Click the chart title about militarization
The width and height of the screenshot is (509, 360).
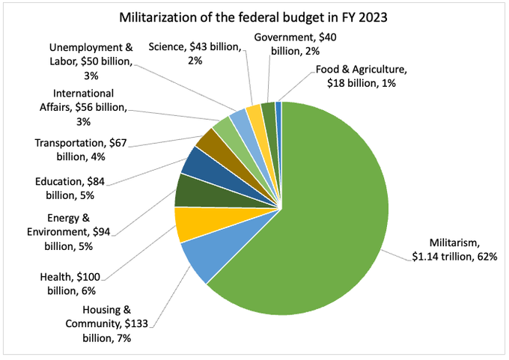(x=254, y=17)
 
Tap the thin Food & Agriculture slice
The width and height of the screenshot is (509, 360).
(x=278, y=109)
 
